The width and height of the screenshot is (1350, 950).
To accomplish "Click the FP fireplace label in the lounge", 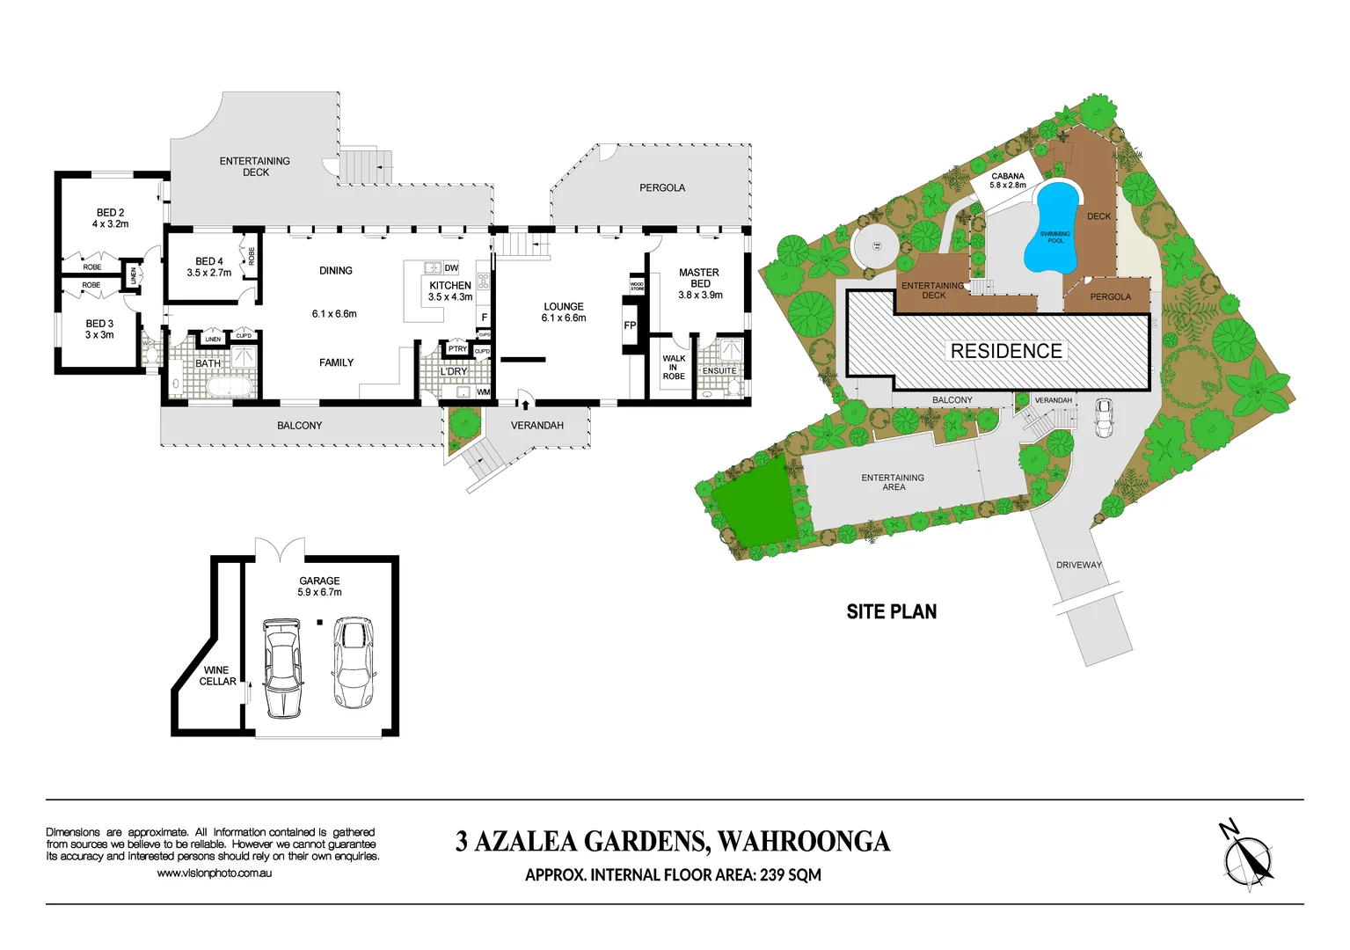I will [x=630, y=325].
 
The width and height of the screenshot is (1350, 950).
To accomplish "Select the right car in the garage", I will [x=354, y=662].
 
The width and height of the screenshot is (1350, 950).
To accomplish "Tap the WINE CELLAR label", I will [x=217, y=676].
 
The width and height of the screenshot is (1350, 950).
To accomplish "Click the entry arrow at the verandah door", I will [x=525, y=405].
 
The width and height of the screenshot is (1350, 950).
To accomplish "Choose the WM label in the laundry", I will [x=483, y=392].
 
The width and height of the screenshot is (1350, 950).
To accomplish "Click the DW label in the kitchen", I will [x=451, y=268].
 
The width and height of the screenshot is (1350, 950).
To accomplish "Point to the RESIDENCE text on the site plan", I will [x=1006, y=351].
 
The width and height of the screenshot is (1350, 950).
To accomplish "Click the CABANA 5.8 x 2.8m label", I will [x=1008, y=180].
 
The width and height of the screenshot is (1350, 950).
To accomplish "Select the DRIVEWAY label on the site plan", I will [x=1078, y=565].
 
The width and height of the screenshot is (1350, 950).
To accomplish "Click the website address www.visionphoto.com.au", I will [x=214, y=873].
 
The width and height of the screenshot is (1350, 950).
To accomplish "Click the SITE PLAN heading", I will [x=891, y=611].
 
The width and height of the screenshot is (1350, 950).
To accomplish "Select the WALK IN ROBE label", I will [x=674, y=367].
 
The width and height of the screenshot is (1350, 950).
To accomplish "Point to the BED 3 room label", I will [x=99, y=329].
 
